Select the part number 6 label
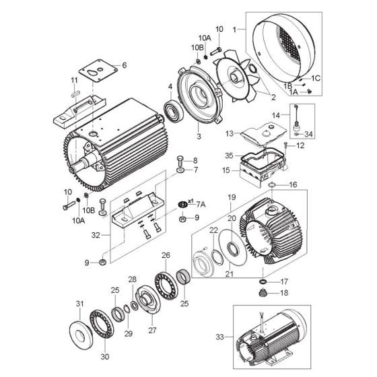123,65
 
